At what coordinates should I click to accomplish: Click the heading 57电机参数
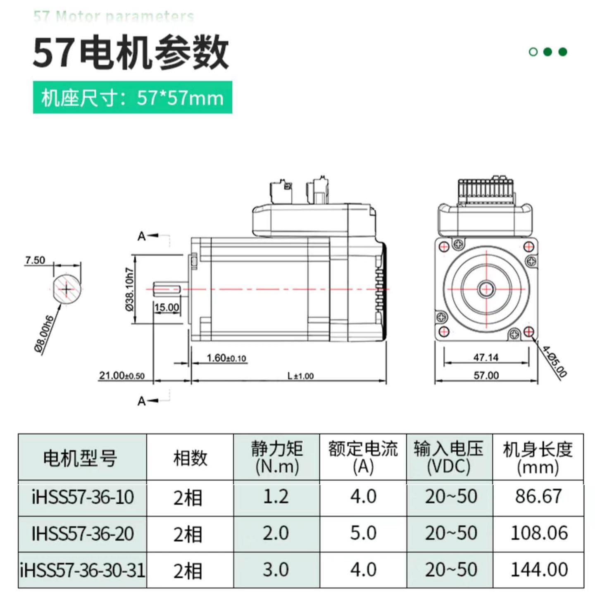click(x=130, y=53)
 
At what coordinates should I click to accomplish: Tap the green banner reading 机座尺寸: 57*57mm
click(x=132, y=98)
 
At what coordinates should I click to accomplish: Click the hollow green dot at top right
click(x=533, y=52)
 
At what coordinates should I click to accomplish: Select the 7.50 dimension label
click(x=35, y=260)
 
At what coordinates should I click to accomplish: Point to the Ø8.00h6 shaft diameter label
click(x=44, y=334)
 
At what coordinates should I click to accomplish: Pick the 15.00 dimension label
click(x=167, y=307)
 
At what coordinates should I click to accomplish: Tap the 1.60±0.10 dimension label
click(x=226, y=358)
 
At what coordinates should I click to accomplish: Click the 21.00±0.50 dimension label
click(x=121, y=376)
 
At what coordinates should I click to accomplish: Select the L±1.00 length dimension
click(x=300, y=376)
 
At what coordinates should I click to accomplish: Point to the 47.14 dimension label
click(x=486, y=357)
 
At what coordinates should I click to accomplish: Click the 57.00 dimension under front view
click(x=486, y=375)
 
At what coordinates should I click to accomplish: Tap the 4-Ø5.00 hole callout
click(x=554, y=362)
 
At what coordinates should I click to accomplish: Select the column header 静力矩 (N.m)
click(x=276, y=457)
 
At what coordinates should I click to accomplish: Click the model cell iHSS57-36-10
click(x=83, y=497)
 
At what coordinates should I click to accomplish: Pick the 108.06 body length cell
click(x=539, y=533)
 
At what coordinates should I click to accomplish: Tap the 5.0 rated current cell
click(x=363, y=533)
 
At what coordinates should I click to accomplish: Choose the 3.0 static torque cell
click(x=276, y=570)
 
